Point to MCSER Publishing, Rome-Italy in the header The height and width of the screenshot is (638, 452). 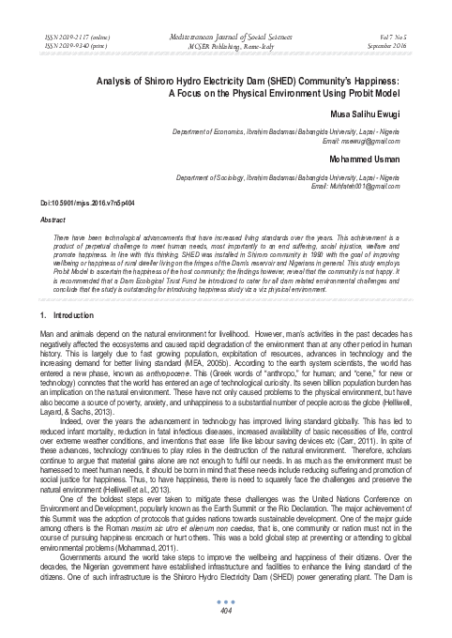tap(225, 42)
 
